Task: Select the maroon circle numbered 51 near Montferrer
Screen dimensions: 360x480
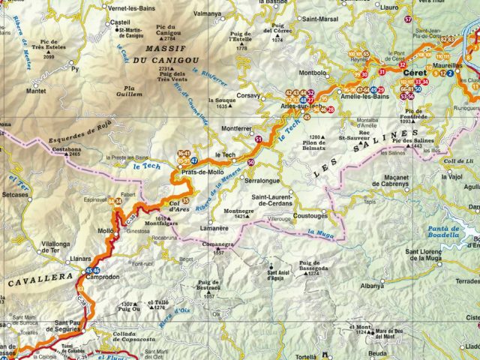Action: point(258,139)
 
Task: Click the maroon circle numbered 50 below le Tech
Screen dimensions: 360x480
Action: point(250,163)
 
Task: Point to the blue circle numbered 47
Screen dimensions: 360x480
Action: point(195,160)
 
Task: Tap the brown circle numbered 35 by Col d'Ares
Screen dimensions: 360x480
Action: point(185,200)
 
